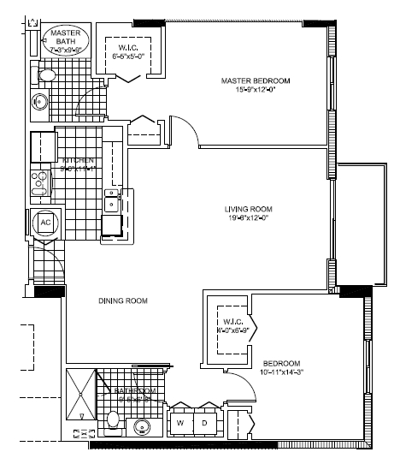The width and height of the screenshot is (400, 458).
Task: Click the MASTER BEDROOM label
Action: (x=255, y=80)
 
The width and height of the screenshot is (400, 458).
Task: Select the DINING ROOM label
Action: (x=119, y=301)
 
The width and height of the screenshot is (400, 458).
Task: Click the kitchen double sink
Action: (x=112, y=203)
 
